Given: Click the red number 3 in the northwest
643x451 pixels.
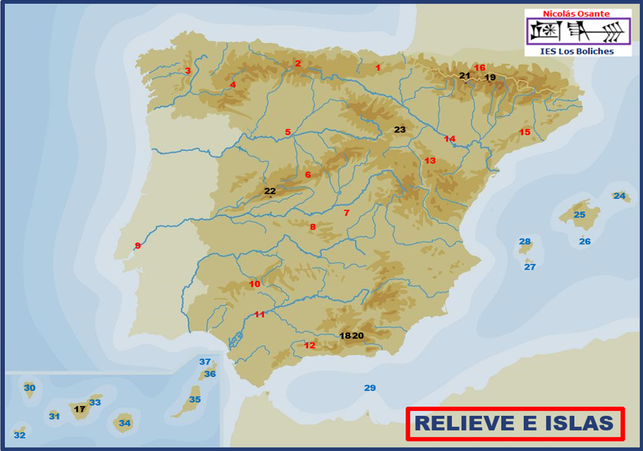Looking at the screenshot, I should point(188,71).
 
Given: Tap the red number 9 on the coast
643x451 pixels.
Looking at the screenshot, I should point(138,245).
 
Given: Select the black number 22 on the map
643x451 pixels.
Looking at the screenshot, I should point(270,191).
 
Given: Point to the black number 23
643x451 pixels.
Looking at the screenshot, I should point(400,130).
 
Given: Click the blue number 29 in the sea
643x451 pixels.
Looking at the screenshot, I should point(370,388).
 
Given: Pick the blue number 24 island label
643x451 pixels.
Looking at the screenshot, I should point(619,196).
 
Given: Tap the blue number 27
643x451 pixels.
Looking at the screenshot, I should point(530,267).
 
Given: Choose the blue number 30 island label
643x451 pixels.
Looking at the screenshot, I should point(29,387).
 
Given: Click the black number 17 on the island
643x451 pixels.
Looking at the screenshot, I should point(79,409).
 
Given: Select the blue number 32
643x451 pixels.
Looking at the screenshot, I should point(20,435).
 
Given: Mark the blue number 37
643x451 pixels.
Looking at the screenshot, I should point(205,362).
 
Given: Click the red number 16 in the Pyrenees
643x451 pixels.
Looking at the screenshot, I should point(480,68).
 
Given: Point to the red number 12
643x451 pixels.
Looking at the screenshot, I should point(310,345).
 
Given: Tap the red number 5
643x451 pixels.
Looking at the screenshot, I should point(288,132).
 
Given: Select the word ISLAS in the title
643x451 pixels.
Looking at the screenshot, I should point(579,423).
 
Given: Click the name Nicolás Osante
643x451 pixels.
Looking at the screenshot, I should point(576,14).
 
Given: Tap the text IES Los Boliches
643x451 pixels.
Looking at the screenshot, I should point(577,51).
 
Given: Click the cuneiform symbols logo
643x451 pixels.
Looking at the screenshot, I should point(578,31).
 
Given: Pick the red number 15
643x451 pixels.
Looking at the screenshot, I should point(525,132).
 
